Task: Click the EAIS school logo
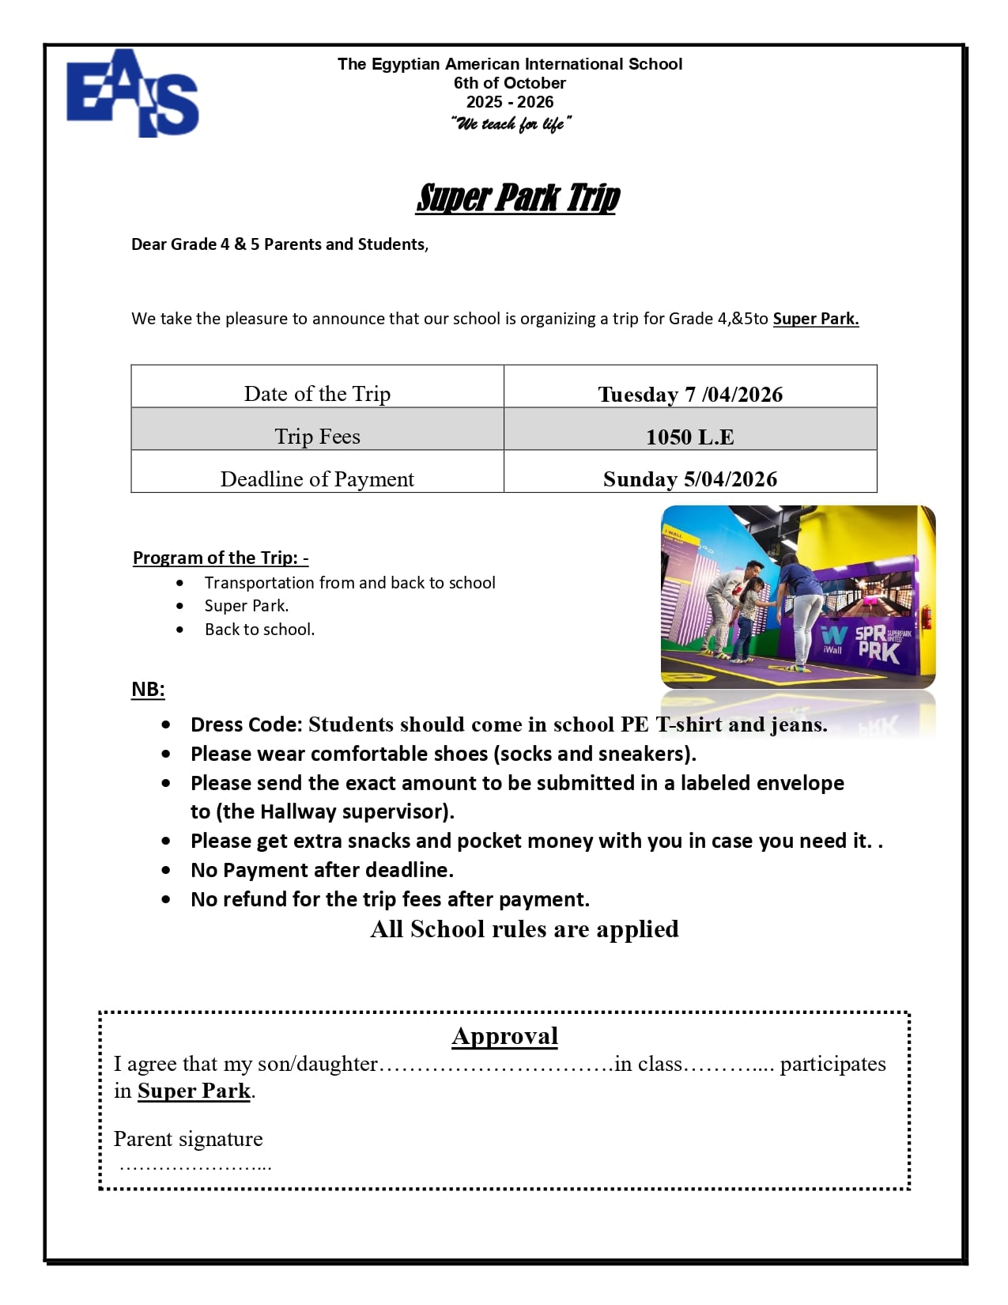132,94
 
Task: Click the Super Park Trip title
518,198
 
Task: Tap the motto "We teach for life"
510,123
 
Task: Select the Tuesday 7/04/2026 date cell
690,394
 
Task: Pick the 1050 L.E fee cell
690,437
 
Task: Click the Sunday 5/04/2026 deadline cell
690,478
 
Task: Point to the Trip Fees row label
317,437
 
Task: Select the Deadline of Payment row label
317,478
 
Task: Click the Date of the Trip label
317,394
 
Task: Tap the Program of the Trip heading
221,558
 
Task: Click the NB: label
148,689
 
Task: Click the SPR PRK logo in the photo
878,643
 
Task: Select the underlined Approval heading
505,1036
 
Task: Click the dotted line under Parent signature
195,1166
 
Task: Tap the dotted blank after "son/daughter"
496,1065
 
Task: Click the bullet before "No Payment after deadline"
166,870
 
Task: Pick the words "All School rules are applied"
524,929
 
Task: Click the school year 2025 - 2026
510,102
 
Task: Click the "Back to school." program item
259,630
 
